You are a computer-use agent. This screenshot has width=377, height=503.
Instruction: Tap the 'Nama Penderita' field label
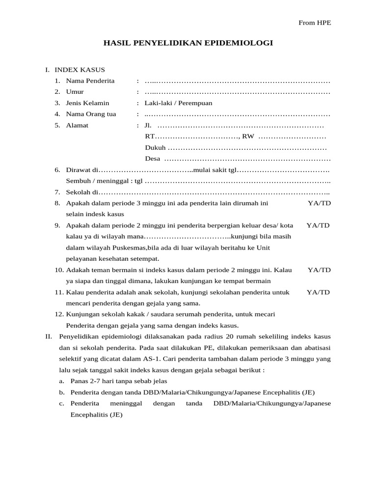pos(90,81)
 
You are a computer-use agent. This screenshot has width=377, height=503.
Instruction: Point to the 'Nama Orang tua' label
pos(91,114)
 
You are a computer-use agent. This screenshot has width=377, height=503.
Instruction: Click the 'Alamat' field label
pos(78,125)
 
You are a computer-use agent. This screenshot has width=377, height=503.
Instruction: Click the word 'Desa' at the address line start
pos(153,159)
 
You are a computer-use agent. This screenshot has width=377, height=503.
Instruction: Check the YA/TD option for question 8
pos(320,203)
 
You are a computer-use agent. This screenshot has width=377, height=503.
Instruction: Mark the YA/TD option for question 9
pos(318,225)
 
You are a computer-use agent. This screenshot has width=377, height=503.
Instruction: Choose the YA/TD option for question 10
pos(320,270)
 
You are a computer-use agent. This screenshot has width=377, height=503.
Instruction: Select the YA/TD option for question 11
pos(319,292)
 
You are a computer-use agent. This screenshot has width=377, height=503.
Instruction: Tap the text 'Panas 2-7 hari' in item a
pos(91,381)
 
